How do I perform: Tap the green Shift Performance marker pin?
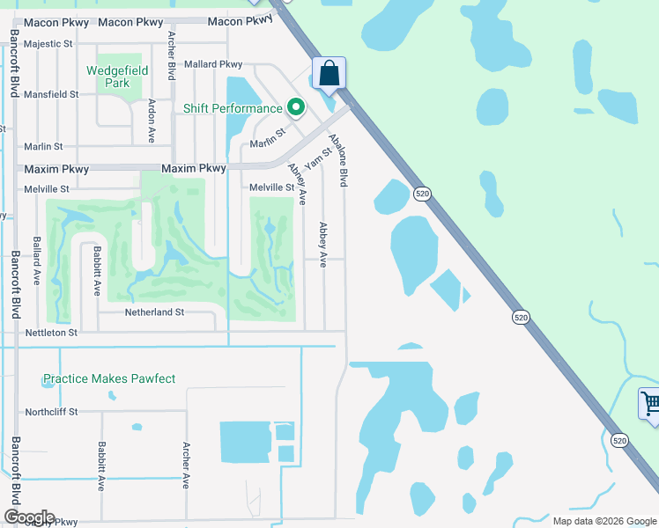[x=296, y=108]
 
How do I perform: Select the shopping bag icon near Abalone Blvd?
[x=329, y=74]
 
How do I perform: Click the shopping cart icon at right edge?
[x=650, y=404]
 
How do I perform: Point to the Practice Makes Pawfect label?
[x=109, y=379]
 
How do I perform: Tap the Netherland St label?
[x=154, y=312]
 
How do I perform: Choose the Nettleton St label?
[x=51, y=333]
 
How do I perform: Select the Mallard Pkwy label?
[x=212, y=64]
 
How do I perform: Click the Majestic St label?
[x=49, y=43]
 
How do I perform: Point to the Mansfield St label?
[x=52, y=94]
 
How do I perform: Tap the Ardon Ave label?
[x=152, y=121]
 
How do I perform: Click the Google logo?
[x=29, y=517]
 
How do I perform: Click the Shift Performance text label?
[x=233, y=108]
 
